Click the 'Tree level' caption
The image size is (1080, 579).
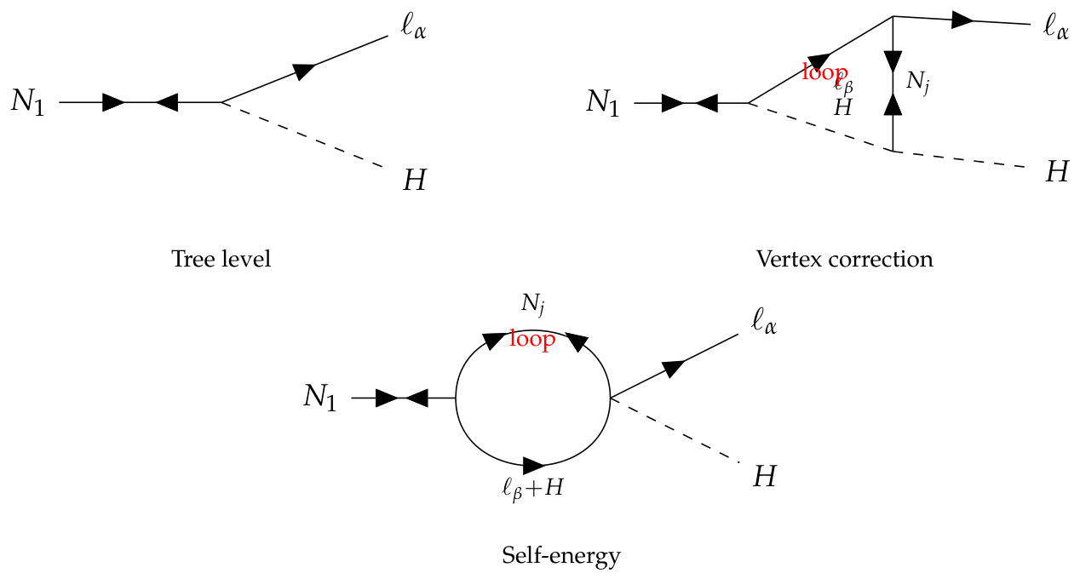(x=221, y=259)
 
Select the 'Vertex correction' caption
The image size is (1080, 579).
(x=844, y=259)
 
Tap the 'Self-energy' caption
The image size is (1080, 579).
(x=561, y=556)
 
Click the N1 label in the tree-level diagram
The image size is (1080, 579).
(x=28, y=102)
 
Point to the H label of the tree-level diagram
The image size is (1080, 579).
(x=415, y=181)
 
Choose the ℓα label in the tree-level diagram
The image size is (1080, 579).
(x=413, y=27)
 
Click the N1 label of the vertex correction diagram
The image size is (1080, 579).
(x=603, y=103)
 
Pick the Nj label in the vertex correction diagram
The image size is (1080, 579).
(x=917, y=83)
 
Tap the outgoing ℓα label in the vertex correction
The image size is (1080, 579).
(x=1055, y=27)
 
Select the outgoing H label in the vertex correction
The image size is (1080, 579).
(x=1057, y=172)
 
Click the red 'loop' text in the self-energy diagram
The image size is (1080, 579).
(x=532, y=340)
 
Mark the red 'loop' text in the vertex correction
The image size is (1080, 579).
(x=824, y=72)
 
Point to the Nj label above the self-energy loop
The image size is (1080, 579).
(x=533, y=305)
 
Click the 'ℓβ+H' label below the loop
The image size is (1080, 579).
(x=532, y=489)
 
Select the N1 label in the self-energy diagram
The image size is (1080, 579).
(x=319, y=398)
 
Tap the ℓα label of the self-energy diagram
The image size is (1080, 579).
(x=764, y=322)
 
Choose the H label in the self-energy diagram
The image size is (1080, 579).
(x=765, y=477)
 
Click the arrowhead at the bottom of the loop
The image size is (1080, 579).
(x=534, y=466)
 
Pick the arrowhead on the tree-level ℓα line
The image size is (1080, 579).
(x=304, y=71)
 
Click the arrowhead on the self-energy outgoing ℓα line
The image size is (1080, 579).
(x=673, y=368)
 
